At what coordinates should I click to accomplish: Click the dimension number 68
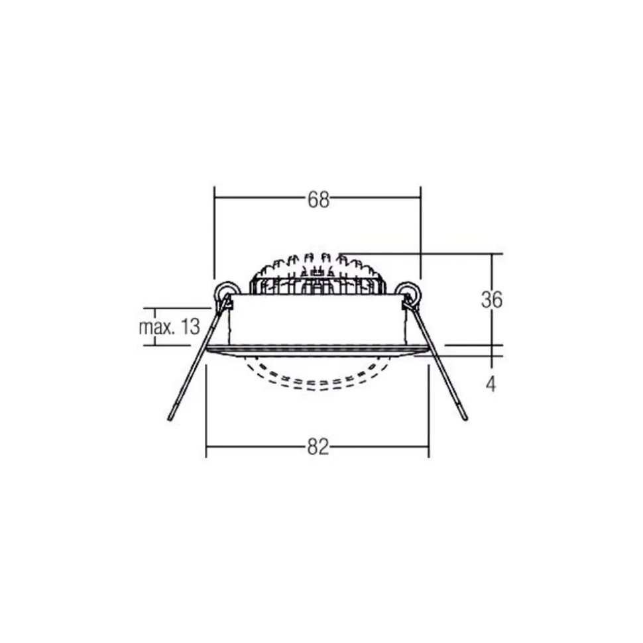pyautogui.click(x=318, y=199)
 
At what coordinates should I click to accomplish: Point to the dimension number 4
pyautogui.click(x=491, y=385)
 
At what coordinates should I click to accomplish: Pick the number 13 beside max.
pyautogui.click(x=189, y=326)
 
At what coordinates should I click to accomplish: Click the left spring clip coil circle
pyautogui.click(x=225, y=291)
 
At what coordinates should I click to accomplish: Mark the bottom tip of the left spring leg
pyautogui.click(x=170, y=419)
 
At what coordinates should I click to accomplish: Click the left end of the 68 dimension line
pyautogui.click(x=213, y=197)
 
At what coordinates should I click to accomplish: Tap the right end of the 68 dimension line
pyautogui.click(x=421, y=197)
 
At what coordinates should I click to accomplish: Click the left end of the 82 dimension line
pyautogui.click(x=207, y=446)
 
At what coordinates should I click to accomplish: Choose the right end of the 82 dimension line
pyautogui.click(x=428, y=446)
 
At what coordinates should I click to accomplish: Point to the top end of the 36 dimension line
pyautogui.click(x=491, y=254)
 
